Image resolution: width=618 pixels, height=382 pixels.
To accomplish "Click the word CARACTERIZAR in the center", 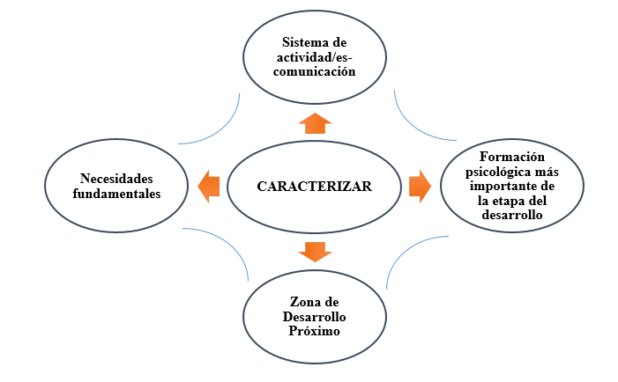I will click(x=314, y=187).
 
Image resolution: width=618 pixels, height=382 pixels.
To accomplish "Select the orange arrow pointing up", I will click(x=315, y=123).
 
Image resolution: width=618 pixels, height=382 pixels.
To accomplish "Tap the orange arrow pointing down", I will click(x=315, y=251).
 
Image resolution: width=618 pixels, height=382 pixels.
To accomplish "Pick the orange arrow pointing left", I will click(x=208, y=186).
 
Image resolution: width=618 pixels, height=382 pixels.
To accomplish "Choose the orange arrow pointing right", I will click(x=420, y=186).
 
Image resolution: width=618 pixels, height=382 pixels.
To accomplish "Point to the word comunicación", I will click(x=314, y=73).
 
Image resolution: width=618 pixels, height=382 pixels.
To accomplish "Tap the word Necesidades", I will click(x=116, y=176).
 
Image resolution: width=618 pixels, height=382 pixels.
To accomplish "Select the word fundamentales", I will click(x=116, y=194).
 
